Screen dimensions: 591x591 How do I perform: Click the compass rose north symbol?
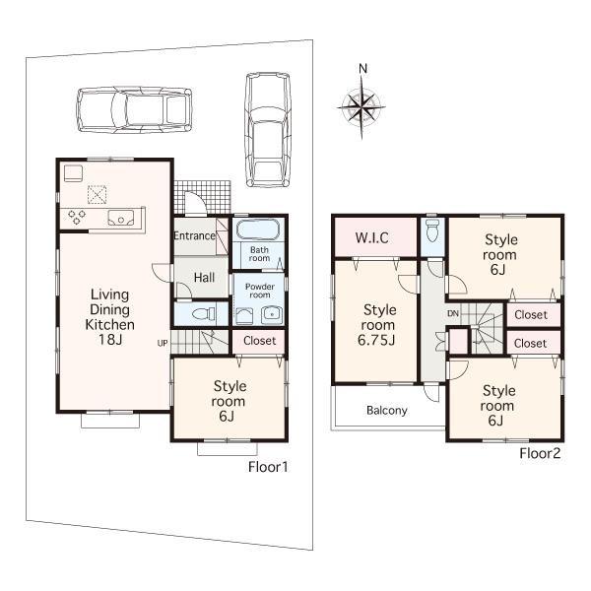363,68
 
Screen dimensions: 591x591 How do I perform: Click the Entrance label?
195,236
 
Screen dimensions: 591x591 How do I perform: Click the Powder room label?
259,291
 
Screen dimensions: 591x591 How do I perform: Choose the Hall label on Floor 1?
204,278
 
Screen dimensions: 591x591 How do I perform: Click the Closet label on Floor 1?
259,341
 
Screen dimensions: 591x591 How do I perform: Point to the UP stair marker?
162,342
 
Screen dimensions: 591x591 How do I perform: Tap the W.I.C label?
373,236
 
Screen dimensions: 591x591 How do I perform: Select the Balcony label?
386,411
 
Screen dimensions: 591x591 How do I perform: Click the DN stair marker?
452,314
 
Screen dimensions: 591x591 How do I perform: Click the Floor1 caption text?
268,467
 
